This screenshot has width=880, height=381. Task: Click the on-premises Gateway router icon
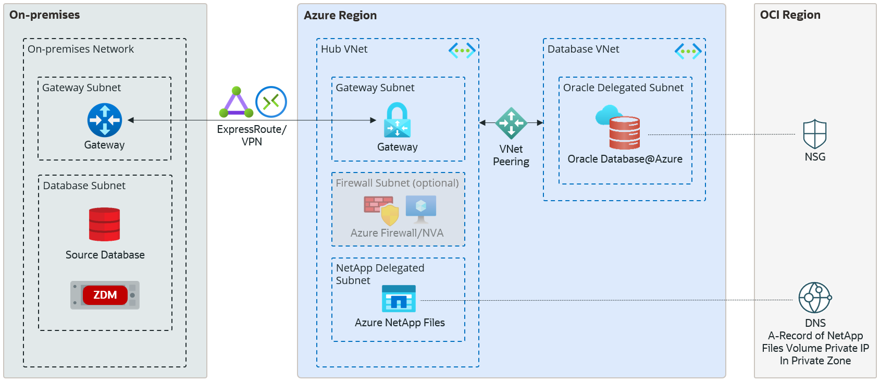tap(105, 120)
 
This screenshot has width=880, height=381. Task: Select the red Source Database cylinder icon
tap(104, 225)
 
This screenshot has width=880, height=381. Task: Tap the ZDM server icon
tap(105, 295)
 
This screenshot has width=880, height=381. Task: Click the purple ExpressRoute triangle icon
tap(236, 103)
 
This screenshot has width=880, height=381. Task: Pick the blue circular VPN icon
tap(271, 102)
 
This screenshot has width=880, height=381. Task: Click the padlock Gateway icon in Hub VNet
tap(397, 120)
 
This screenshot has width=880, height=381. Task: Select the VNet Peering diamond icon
tap(511, 123)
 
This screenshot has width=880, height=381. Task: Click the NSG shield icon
tap(815, 134)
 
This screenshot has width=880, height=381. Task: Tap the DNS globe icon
tap(815, 298)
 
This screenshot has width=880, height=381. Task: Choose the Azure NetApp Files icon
tap(399, 299)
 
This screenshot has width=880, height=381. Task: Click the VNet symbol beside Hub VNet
tap(462, 51)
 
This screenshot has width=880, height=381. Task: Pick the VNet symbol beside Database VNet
tap(688, 51)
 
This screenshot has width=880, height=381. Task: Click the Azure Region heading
tap(340, 16)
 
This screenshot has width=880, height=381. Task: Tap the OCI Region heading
tap(790, 15)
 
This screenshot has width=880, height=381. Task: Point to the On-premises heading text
tap(45, 15)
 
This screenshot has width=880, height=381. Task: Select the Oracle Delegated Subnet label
tap(623, 88)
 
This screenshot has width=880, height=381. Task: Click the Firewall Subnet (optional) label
tap(397, 183)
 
